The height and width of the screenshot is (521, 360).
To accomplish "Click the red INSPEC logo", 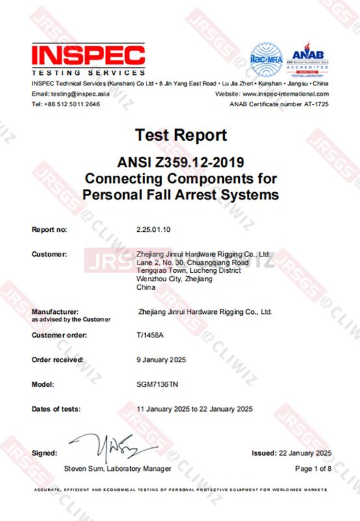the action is pyautogui.click(x=88, y=55).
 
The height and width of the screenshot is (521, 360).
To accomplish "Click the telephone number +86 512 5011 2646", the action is pyautogui.click(x=71, y=104).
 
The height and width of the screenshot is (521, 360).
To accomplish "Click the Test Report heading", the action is pyautogui.click(x=181, y=135).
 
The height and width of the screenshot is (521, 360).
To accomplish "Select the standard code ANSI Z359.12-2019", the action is pyautogui.click(x=181, y=162).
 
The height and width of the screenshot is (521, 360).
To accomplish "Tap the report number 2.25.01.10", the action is pyautogui.click(x=154, y=229).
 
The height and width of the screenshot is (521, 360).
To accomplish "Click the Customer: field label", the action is pyautogui.click(x=49, y=254).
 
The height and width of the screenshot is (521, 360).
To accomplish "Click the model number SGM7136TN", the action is pyautogui.click(x=157, y=384).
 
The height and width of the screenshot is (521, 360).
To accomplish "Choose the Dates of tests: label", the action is pyautogui.click(x=56, y=409).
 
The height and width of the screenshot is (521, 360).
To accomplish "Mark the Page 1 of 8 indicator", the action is pyautogui.click(x=313, y=469).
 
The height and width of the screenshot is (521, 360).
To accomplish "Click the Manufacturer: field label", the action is pyautogui.click(x=55, y=312).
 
